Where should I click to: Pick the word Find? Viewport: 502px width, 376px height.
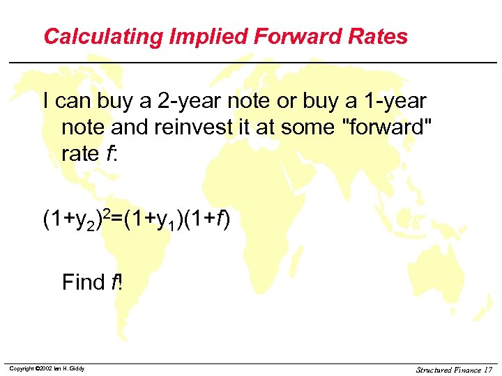tap(83, 282)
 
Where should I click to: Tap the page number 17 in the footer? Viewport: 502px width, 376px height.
tap(487, 369)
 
